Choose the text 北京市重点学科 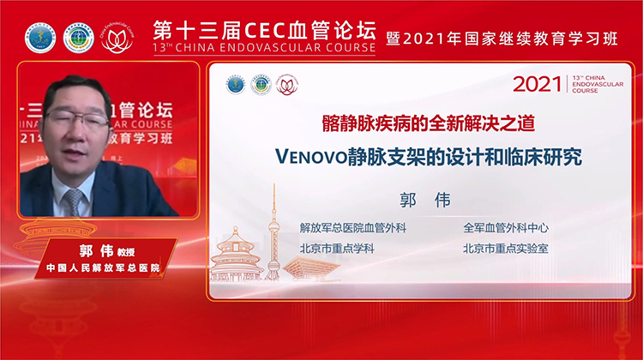pyautogui.click(x=336, y=249)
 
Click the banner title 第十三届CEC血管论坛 pyautogui.click(x=263, y=28)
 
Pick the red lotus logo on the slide pyautogui.click(x=286, y=85)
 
